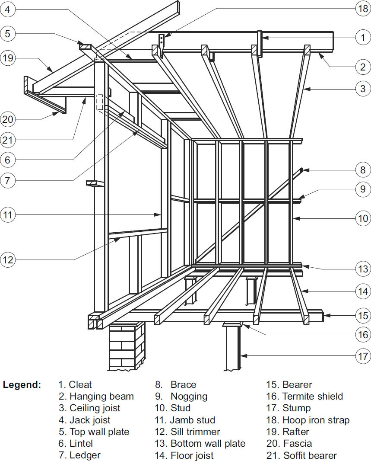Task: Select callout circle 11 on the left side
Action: (x=8, y=214)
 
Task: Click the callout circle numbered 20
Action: (x=8, y=118)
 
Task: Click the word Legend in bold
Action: (x=22, y=384)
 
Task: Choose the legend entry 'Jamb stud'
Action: (x=192, y=420)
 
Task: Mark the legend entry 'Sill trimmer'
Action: (x=195, y=432)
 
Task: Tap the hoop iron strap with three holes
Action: (x=161, y=42)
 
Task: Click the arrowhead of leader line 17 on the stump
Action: (x=241, y=356)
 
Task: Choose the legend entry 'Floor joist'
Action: (x=192, y=455)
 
